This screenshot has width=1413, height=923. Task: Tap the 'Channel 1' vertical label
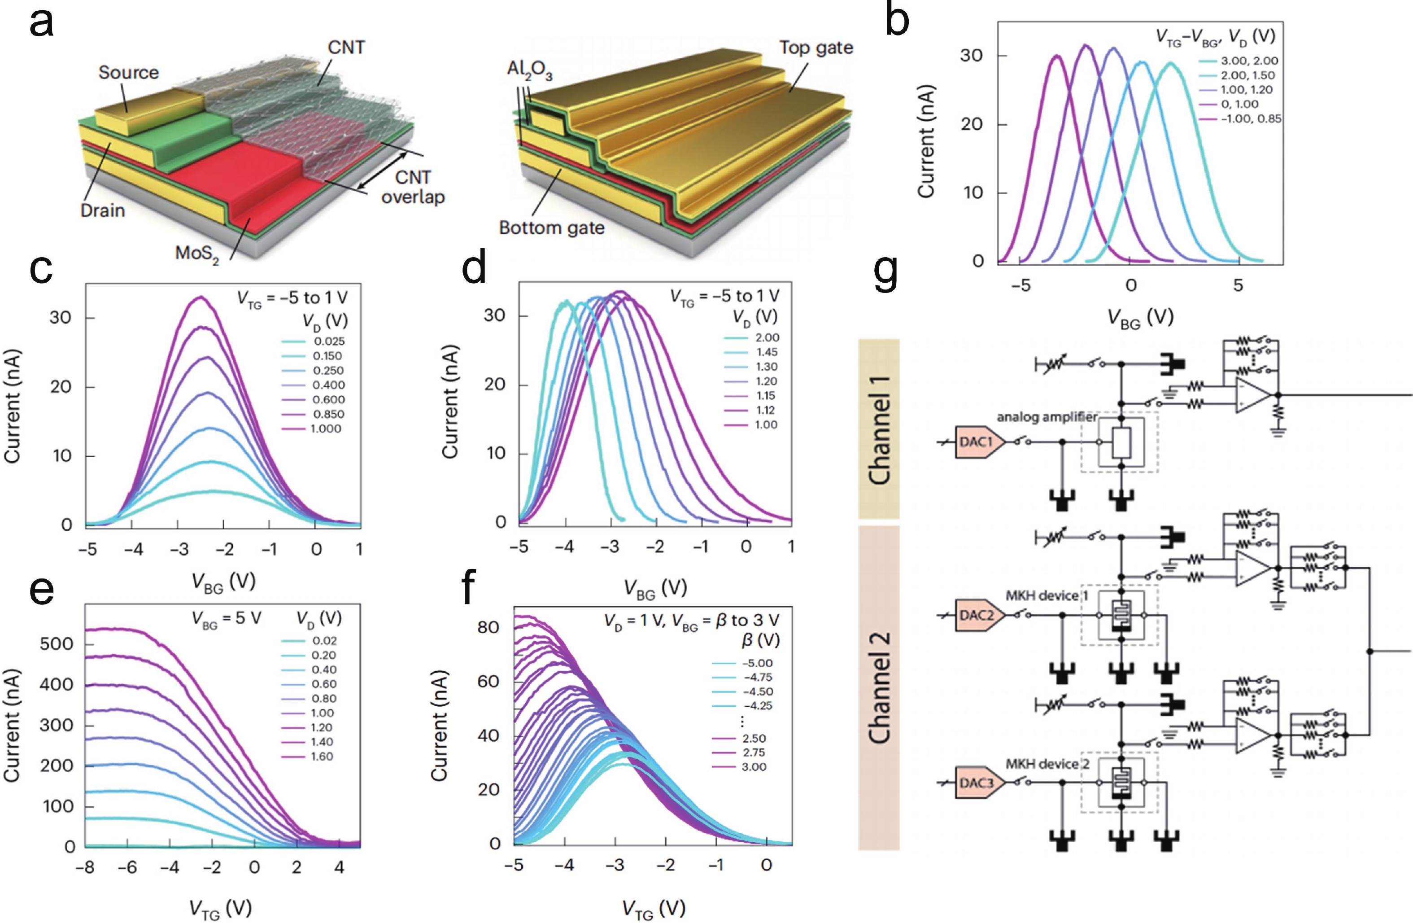[879, 429]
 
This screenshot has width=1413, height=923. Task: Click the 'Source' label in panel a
[128, 72]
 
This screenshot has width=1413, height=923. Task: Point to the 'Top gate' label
[816, 48]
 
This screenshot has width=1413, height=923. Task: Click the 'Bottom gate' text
[552, 227]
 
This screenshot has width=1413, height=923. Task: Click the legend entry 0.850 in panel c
[328, 414]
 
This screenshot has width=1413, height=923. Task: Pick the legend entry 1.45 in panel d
[767, 352]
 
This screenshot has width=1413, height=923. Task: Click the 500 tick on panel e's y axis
[57, 644]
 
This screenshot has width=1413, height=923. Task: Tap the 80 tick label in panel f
[488, 627]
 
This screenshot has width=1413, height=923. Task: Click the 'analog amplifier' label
[1046, 417]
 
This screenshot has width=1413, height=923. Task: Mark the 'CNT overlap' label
[413, 187]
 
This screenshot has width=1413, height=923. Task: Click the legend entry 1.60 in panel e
[322, 756]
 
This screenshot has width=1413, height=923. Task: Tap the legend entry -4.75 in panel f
[757, 677]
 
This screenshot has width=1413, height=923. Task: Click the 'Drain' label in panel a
[103, 210]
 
